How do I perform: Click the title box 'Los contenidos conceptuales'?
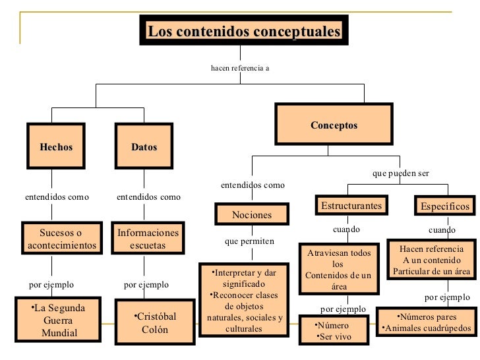[244, 31]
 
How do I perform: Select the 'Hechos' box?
[56, 147]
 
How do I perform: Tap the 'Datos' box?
[144, 147]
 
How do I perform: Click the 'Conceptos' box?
[334, 125]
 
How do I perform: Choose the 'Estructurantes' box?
[351, 206]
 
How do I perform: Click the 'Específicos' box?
[444, 206]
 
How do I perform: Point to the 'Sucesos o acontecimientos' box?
[61, 239]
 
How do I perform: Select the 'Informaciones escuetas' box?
[148, 239]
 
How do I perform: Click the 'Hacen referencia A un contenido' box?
[431, 260]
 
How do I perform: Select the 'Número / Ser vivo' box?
[334, 331]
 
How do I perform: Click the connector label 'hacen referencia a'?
[240, 67]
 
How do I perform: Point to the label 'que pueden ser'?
[400, 173]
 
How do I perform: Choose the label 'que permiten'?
[249, 241]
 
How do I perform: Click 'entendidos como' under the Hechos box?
[57, 196]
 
